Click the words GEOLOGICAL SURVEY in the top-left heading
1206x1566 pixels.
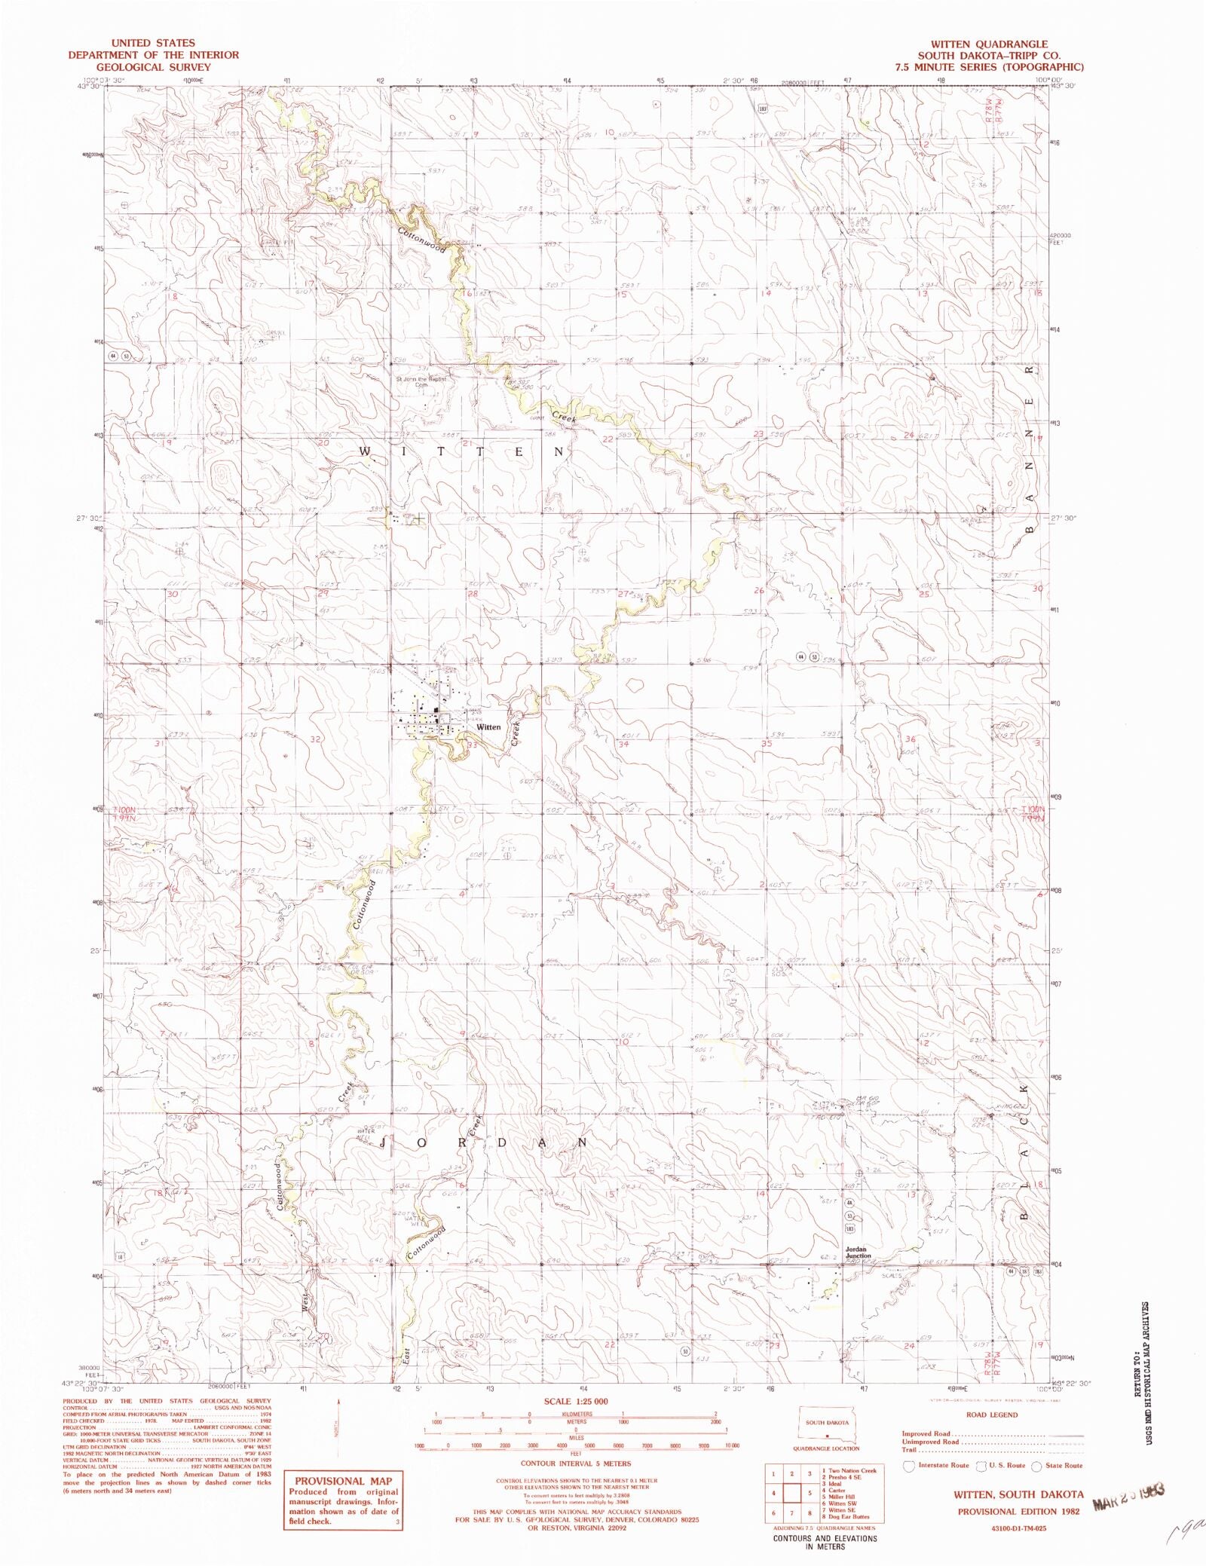153,67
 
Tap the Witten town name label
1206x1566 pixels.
488,727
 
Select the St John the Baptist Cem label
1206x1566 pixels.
421,381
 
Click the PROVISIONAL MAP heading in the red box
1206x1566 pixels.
343,1481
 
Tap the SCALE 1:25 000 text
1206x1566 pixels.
576,1402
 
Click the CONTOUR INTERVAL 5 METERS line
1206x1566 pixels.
576,1464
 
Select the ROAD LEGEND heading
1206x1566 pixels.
991,1415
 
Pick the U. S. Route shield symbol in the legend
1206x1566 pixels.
981,1466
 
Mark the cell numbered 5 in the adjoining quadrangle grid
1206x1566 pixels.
809,1493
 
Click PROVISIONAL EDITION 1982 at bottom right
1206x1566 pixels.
1018,1511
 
